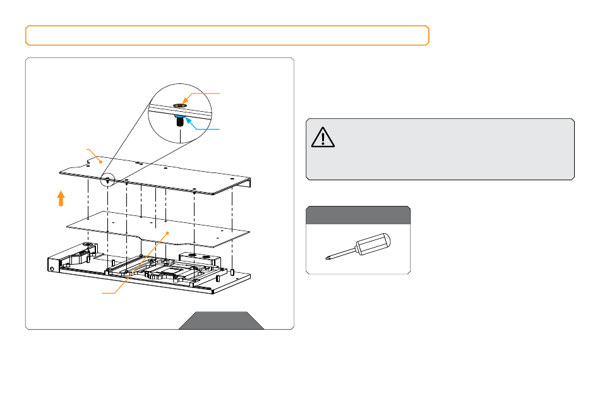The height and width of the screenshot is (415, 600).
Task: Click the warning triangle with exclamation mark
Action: [323, 136]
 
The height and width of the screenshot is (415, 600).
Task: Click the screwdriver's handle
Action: [373, 244]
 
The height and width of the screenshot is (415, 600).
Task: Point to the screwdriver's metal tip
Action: [328, 256]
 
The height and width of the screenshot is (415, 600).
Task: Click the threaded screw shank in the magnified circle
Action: [180, 122]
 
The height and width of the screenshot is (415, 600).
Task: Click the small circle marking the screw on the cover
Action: [109, 179]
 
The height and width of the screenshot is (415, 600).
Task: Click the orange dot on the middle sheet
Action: [167, 232]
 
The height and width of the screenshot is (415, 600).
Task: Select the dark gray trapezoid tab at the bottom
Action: [221, 320]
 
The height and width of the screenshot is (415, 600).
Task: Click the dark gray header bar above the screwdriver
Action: [358, 215]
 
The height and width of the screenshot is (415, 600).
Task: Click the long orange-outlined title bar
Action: [227, 35]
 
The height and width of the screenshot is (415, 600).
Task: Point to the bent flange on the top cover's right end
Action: [248, 183]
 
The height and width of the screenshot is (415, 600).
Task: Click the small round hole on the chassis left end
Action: [51, 268]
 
